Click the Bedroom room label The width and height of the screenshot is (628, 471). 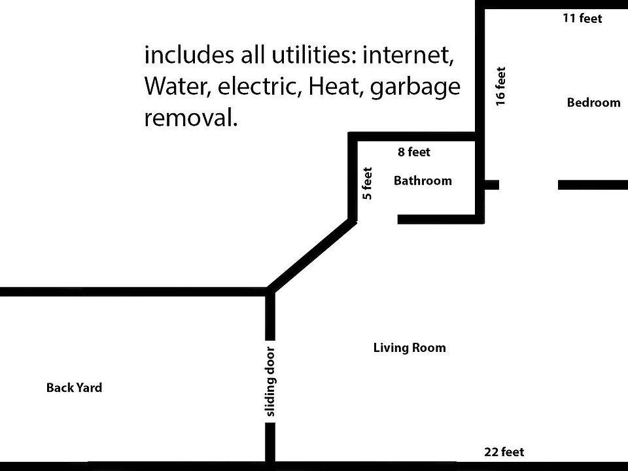(x=593, y=103)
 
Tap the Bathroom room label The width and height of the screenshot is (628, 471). (x=423, y=181)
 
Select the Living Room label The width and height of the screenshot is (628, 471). (x=410, y=348)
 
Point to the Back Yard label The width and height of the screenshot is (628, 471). (x=74, y=388)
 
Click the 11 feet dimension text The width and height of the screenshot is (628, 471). (x=582, y=18)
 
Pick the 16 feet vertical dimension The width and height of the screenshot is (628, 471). (x=500, y=86)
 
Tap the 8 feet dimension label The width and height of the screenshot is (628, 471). (x=414, y=152)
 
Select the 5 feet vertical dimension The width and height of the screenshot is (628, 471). (x=367, y=184)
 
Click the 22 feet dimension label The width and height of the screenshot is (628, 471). (x=504, y=452)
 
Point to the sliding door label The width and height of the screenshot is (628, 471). (x=271, y=381)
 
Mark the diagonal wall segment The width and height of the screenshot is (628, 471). (x=311, y=256)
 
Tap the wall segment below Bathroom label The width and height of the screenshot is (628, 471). (x=440, y=219)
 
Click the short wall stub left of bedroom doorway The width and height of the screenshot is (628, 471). (x=491, y=184)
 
